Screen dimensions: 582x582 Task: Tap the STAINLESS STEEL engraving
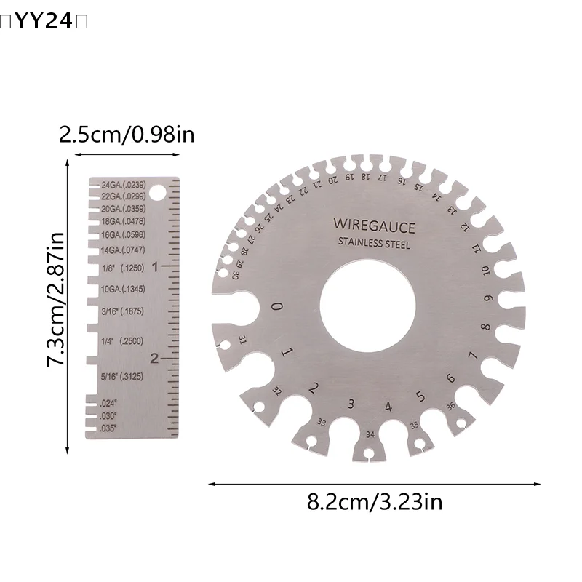pyautogui.click(x=374, y=244)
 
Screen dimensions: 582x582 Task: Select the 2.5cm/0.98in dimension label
pyautogui.click(x=127, y=135)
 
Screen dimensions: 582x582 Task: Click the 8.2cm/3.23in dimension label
pyautogui.click(x=375, y=501)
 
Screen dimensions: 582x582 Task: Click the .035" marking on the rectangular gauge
pyautogui.click(x=110, y=428)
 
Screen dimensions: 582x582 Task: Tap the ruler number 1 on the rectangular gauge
pyautogui.click(x=154, y=266)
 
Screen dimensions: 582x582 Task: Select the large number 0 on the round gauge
pyautogui.click(x=276, y=306)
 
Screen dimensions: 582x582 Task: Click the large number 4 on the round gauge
pyautogui.click(x=388, y=406)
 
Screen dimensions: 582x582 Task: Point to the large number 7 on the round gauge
pyautogui.click(x=473, y=356)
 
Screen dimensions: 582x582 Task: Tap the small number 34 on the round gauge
pyautogui.click(x=370, y=434)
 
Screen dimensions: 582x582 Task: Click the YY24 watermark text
pyautogui.click(x=44, y=22)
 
